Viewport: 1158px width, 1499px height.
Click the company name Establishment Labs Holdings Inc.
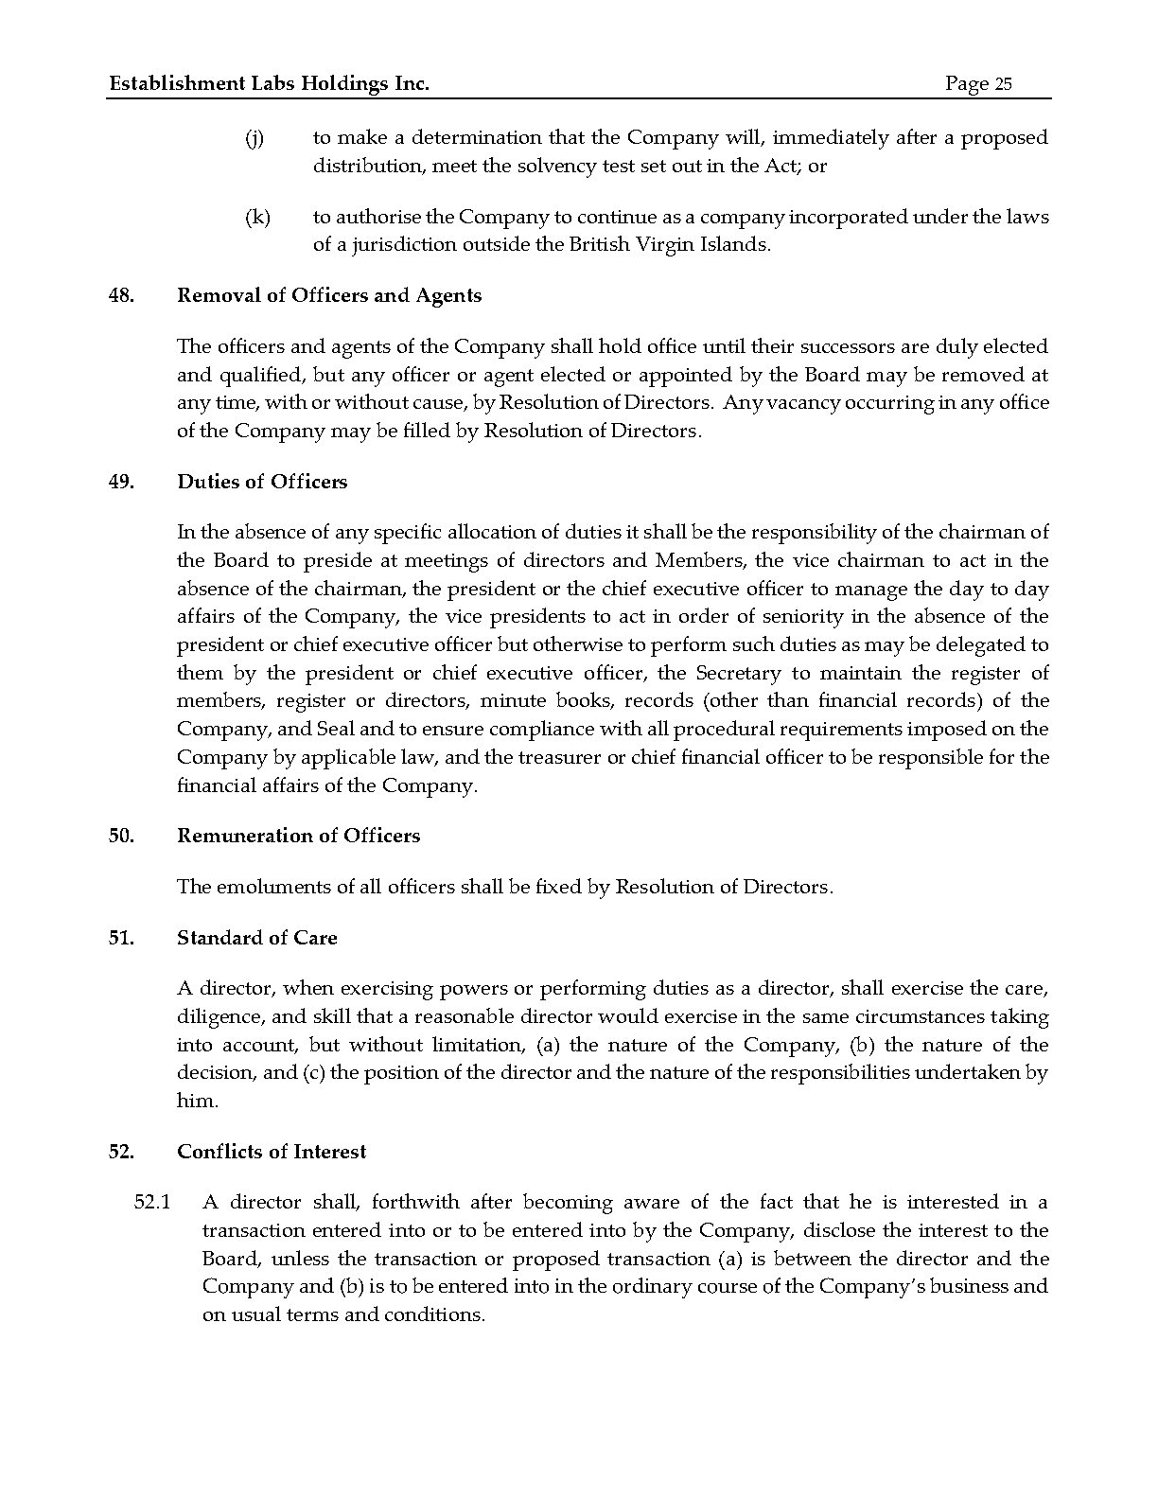pos(270,84)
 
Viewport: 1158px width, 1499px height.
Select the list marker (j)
pos(254,138)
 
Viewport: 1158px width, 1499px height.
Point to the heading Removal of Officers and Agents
pos(329,296)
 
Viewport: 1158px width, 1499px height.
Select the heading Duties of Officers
pos(262,483)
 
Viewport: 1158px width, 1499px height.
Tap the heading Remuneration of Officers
pos(298,837)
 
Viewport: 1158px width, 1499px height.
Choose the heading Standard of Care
pos(256,939)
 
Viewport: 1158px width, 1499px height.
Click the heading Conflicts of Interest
pos(272,1153)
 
